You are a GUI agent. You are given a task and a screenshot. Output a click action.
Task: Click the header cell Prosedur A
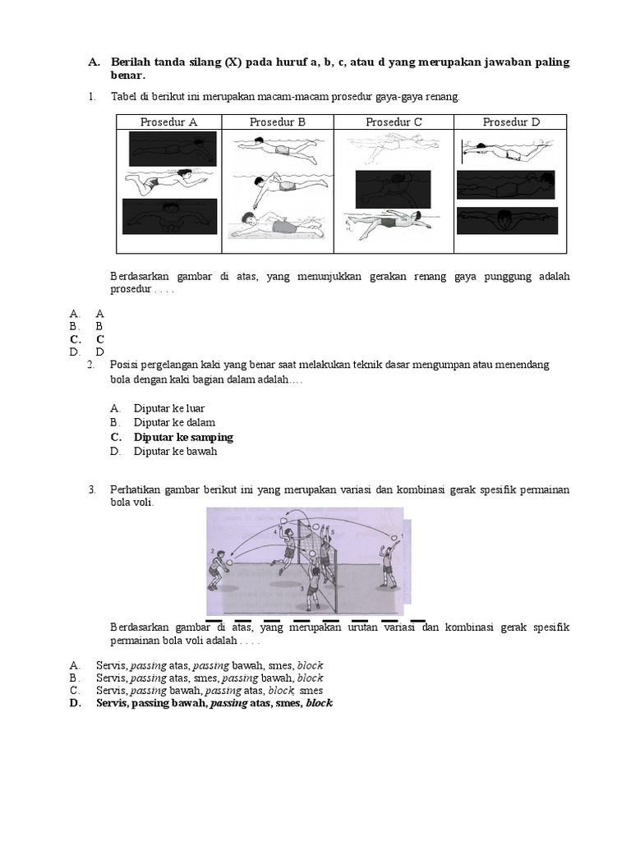(x=168, y=122)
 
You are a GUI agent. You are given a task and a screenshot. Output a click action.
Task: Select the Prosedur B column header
(x=277, y=122)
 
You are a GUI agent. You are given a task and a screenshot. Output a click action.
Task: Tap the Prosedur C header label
(x=394, y=122)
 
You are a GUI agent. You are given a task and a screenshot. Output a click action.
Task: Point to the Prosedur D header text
(x=511, y=122)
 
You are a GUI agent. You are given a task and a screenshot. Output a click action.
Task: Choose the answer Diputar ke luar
(x=169, y=408)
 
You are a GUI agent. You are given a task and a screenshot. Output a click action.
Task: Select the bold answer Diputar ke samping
(x=183, y=437)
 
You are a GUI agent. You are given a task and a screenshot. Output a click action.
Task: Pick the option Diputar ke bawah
(x=175, y=451)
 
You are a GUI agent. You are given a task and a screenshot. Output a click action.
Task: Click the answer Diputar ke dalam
(x=174, y=422)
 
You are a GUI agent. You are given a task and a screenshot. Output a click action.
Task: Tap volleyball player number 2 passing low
(x=219, y=568)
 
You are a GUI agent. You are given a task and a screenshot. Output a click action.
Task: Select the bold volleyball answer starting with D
(x=214, y=704)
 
